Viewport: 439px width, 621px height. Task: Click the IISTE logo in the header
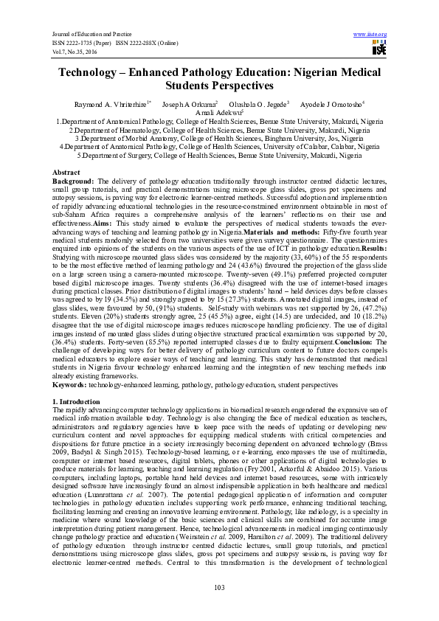(378, 49)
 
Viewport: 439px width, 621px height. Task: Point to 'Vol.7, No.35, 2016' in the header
(74, 51)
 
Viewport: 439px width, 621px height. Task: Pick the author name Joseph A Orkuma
(189, 104)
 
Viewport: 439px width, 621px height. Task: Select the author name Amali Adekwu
(218, 112)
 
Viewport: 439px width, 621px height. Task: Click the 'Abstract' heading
(66, 172)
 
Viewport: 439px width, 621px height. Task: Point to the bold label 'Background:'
(72, 180)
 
